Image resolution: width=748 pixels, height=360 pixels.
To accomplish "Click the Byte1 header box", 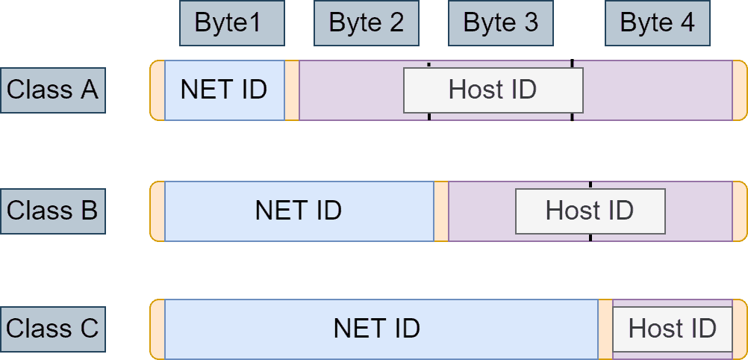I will point(231,23).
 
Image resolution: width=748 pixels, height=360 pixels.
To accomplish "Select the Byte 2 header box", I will point(366,23).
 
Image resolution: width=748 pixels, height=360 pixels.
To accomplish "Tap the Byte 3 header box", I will point(500,23).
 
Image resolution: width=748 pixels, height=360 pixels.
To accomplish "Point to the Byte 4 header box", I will point(657,23).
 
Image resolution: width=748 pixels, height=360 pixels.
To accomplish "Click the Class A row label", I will point(52,90).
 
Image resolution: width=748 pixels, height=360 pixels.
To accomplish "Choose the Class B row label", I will point(52,211).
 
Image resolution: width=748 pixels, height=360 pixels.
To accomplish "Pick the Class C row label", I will point(52,329).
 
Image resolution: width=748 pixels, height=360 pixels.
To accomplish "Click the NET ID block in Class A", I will point(224,90).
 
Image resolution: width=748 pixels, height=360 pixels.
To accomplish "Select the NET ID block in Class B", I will point(299,211).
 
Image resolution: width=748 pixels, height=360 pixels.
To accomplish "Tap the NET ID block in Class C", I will point(377,329).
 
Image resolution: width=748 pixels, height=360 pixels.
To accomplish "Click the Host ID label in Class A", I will point(493,90).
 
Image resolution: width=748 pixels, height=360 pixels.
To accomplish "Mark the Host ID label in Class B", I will point(590,211).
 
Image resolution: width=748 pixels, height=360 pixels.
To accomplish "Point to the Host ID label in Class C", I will point(672,329).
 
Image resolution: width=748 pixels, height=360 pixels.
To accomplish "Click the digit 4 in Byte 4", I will point(686,23).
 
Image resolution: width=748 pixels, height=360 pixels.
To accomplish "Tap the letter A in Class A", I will point(89,90).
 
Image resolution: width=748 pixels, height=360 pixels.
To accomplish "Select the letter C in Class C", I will point(89,329).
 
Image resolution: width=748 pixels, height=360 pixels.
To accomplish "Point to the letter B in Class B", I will point(89,211).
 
